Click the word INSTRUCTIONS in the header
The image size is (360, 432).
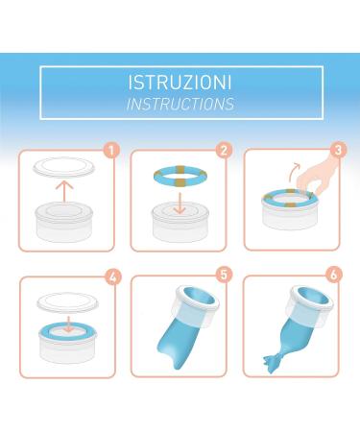[x=180, y=103]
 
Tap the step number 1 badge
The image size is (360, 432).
[x=111, y=152]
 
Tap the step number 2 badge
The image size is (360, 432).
[x=224, y=151]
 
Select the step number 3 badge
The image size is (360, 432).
[x=337, y=151]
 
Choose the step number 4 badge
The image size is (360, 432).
[x=111, y=276]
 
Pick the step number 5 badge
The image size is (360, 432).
[x=224, y=276]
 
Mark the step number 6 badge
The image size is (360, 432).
[x=337, y=276]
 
